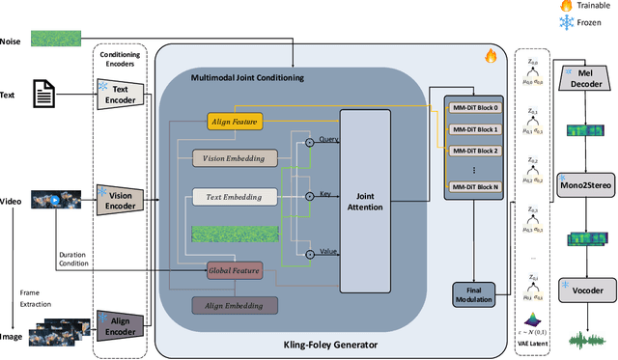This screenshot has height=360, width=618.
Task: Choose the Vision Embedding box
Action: (x=234, y=158)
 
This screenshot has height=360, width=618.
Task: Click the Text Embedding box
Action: (x=234, y=196)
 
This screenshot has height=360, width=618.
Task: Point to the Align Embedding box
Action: (x=234, y=305)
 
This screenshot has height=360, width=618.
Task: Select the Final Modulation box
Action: (x=473, y=294)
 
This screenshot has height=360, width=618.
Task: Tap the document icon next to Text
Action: (x=44, y=95)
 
